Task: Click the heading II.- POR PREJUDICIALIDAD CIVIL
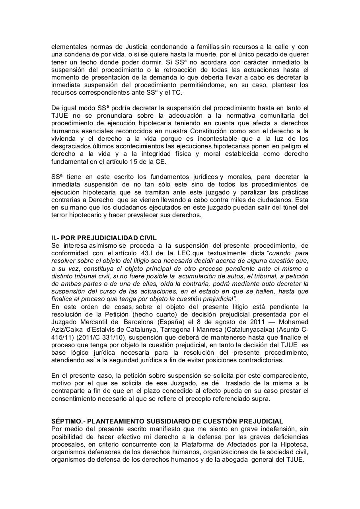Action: (104, 238)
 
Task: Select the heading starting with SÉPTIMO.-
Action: (167, 421)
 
